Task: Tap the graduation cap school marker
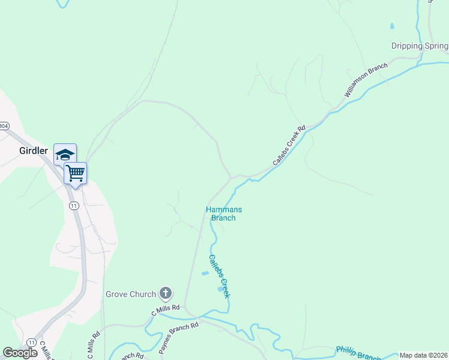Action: pos(65,155)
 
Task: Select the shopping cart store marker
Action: pos(75,173)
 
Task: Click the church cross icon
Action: pos(166,294)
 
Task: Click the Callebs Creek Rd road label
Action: pos(289,145)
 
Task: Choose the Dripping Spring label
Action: pos(419,46)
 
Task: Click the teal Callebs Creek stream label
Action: pos(219,277)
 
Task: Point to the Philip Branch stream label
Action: pos(358,353)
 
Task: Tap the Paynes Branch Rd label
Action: pos(179,338)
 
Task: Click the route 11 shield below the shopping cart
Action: pos(73,205)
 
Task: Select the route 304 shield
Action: pos(4,126)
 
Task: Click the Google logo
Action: pos(20,353)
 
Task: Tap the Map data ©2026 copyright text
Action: pos(423,355)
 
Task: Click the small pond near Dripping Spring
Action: pos(392,26)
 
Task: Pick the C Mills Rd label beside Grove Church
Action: pos(165,310)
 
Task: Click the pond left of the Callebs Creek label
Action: pos(205,274)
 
